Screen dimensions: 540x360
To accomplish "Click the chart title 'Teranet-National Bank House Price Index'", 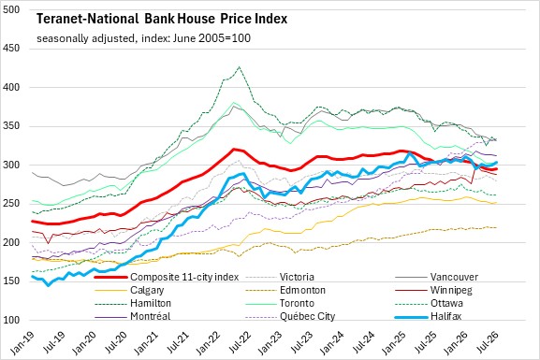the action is [162, 19].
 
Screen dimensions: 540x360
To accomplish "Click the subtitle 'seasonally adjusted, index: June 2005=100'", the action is [143, 38].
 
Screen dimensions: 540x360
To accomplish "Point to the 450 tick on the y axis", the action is [11, 49].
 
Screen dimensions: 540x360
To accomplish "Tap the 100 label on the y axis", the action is [11, 320].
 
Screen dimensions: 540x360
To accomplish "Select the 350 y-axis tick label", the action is [11, 126].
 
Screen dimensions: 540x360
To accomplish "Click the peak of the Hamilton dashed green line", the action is [239, 66].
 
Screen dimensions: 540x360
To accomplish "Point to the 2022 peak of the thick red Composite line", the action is [234, 149].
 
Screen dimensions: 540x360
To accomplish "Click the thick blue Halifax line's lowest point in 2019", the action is [49, 285].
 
